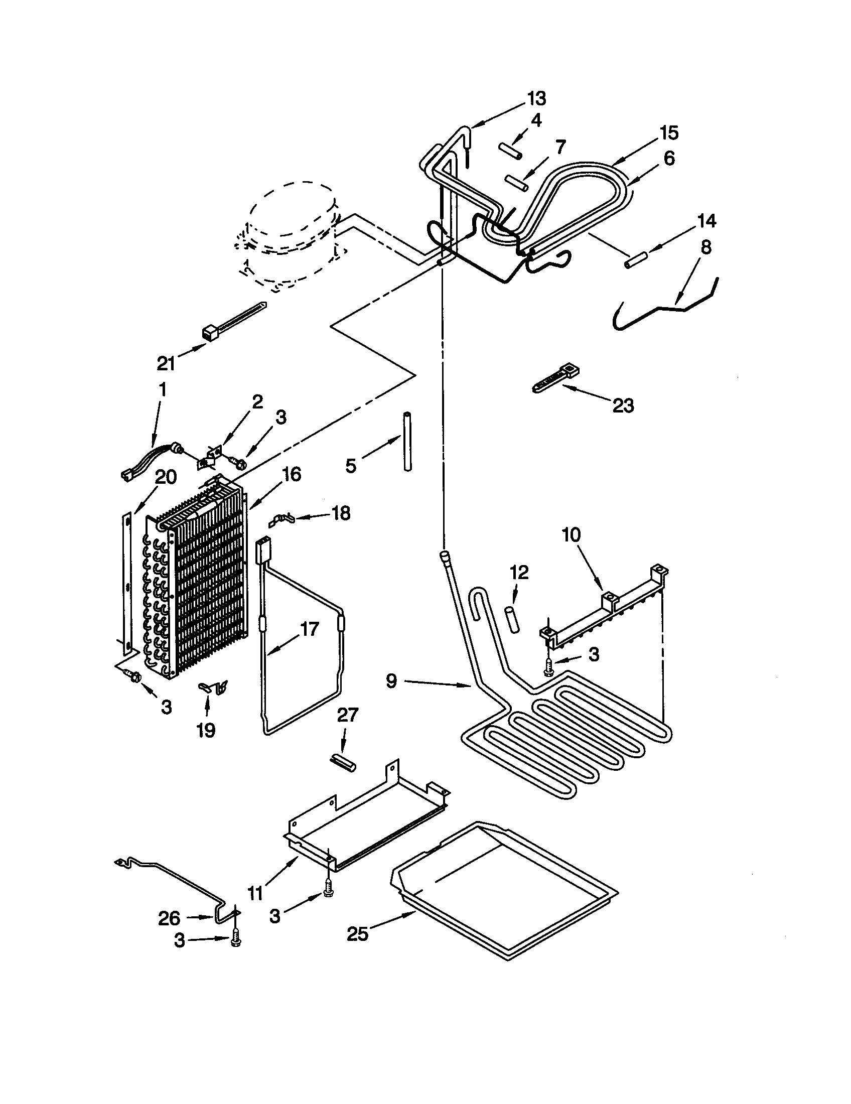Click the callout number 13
[537, 98]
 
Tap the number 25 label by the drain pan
[357, 934]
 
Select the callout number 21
[166, 363]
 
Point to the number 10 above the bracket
[572, 535]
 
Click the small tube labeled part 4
[510, 151]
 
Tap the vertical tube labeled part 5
[407, 441]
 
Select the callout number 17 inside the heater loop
[309, 630]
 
